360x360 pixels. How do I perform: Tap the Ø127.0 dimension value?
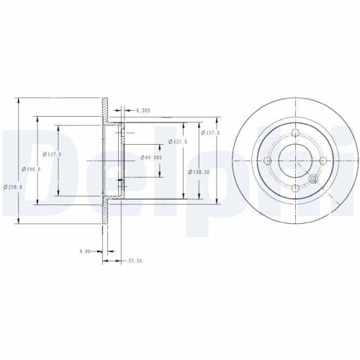(x=53, y=154)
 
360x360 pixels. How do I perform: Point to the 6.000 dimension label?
(x=143, y=112)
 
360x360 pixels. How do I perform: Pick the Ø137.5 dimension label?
(x=177, y=142)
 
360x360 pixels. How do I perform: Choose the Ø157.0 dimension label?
(x=210, y=133)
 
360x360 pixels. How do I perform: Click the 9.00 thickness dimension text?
(x=84, y=251)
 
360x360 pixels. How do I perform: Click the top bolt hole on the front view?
(x=297, y=132)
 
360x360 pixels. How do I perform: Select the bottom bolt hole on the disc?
(x=297, y=188)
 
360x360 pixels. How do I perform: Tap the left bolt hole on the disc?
(x=269, y=161)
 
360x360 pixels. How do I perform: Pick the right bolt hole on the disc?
(x=325, y=161)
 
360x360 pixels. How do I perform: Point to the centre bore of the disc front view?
(x=297, y=160)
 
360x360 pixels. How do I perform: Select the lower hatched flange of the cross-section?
(x=106, y=209)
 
